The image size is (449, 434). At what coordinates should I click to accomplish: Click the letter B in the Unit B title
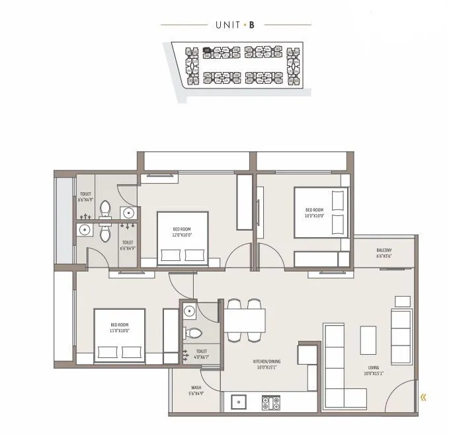[252, 25]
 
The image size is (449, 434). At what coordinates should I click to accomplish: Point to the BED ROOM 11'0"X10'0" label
[120, 328]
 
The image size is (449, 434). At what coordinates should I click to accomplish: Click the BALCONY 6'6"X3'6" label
[384, 253]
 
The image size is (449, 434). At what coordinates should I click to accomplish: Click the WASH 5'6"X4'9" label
[196, 390]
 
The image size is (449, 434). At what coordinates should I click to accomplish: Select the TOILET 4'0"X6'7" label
[201, 355]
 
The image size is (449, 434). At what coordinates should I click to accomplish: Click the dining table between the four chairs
[245, 321]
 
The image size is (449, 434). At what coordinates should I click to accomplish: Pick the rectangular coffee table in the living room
[368, 340]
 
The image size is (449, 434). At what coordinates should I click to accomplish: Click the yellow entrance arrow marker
[423, 397]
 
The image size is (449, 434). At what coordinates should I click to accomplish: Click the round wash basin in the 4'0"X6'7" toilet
[190, 310]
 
